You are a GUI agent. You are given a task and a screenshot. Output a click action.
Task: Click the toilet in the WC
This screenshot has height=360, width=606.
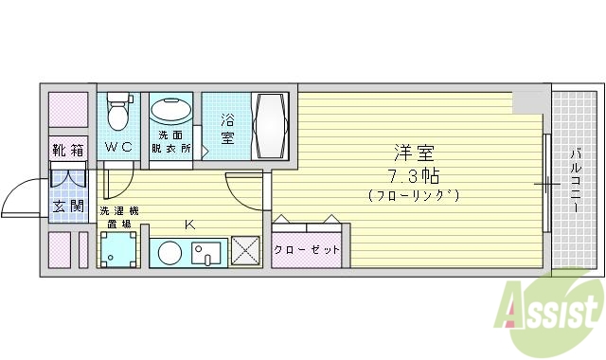click(x=118, y=113)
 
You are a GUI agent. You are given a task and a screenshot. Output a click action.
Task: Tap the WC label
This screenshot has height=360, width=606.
click(x=118, y=147)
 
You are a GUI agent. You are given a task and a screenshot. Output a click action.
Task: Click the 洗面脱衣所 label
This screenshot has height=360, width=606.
click(x=172, y=142)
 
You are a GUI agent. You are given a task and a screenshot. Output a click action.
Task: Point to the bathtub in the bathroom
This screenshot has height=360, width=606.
click(x=274, y=127)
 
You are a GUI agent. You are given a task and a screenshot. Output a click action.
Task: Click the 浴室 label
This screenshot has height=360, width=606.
click(x=228, y=128)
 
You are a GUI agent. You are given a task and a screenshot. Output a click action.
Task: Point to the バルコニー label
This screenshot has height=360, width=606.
click(x=575, y=180)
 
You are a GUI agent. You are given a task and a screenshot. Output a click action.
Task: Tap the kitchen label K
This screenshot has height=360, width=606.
click(x=189, y=224)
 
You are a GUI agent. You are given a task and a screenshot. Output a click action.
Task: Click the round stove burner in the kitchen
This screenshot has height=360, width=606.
click(x=169, y=253)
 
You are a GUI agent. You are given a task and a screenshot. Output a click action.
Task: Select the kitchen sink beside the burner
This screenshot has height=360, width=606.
click(x=205, y=253)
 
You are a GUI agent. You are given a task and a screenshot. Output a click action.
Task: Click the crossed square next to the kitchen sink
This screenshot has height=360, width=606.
click(x=243, y=252)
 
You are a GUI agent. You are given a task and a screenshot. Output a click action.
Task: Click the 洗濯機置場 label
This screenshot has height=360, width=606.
click(x=119, y=217)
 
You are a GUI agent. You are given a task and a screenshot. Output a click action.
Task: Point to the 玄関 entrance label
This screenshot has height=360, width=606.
click(x=68, y=206)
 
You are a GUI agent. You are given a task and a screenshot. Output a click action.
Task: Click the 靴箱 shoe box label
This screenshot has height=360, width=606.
click(x=68, y=150)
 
